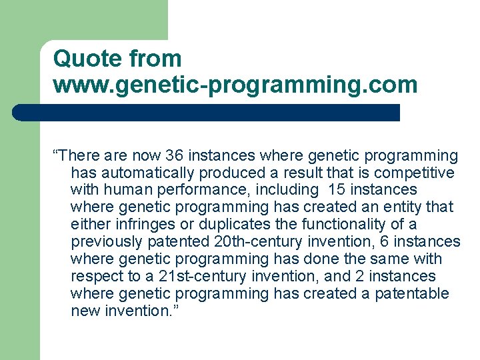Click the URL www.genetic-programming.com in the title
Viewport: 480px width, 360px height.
coord(235,85)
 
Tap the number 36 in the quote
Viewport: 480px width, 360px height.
coord(175,156)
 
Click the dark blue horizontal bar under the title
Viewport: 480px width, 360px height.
coord(207,113)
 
